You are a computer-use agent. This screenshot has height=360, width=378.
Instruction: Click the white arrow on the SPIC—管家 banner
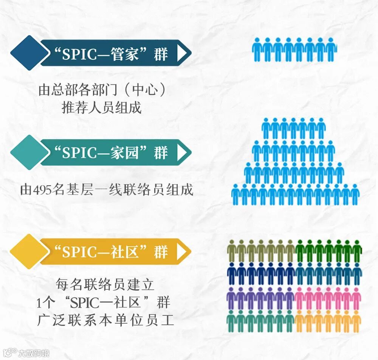click(182, 53)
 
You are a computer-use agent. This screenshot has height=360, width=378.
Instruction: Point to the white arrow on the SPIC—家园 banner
click(182, 152)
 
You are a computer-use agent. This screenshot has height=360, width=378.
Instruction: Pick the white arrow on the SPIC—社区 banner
click(182, 251)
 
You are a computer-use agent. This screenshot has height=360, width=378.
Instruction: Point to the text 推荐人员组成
click(101, 108)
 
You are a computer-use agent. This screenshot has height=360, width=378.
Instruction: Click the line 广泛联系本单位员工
click(105, 320)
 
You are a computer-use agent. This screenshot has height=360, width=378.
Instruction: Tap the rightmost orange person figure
click(356, 321)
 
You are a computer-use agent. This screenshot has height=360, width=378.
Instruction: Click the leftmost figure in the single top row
click(257, 49)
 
